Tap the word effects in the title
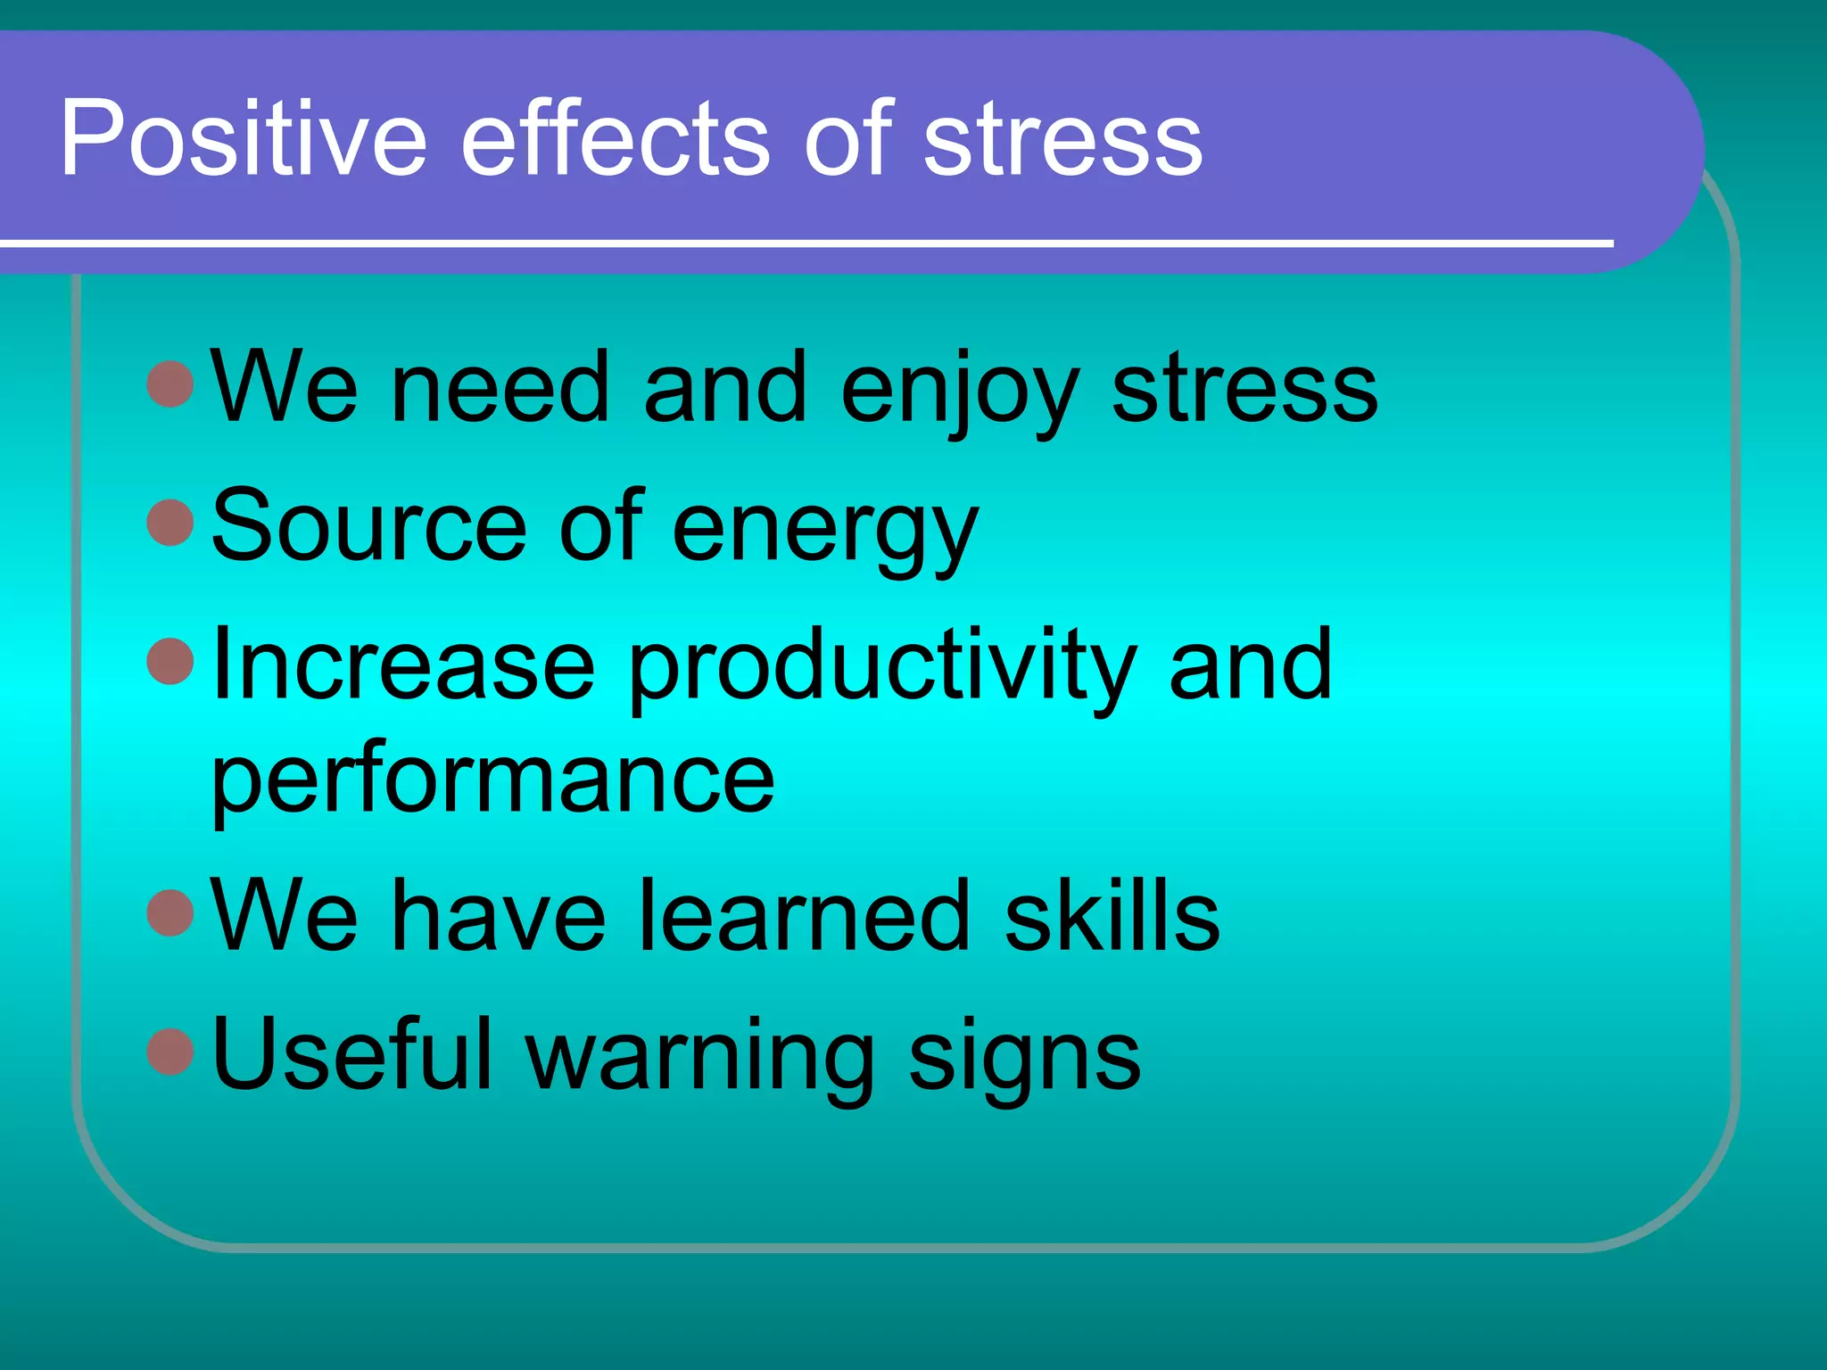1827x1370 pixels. pyautogui.click(x=615, y=138)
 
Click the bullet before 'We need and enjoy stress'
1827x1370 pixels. pyautogui.click(x=169, y=384)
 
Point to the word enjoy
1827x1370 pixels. pyautogui.click(x=959, y=392)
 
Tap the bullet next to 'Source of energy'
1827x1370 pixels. pyautogui.click(x=169, y=523)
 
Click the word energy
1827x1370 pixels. pyautogui.click(x=825, y=532)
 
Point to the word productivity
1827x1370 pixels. pyautogui.click(x=882, y=669)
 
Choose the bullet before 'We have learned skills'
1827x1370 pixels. pyautogui.click(x=169, y=912)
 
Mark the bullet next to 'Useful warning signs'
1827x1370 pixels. pyautogui.click(x=169, y=1052)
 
